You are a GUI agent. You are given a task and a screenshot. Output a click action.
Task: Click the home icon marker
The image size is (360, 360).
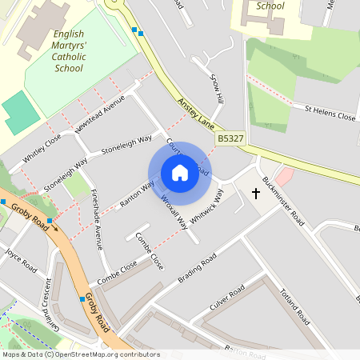point(180,173)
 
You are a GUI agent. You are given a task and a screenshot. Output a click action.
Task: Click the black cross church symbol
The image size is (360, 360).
point(256,193)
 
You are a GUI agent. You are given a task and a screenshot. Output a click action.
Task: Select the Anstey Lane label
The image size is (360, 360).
point(195,113)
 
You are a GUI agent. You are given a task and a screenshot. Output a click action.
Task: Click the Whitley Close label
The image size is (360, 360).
point(42,148)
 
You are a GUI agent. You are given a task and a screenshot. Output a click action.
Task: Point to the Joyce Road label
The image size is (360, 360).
point(22,260)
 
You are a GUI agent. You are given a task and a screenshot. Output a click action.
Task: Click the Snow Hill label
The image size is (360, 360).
point(216,90)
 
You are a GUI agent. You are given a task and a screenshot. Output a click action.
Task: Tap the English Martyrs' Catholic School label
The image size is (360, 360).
point(68,51)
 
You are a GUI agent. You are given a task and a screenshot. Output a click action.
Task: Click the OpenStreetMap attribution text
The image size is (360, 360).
point(81,354)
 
